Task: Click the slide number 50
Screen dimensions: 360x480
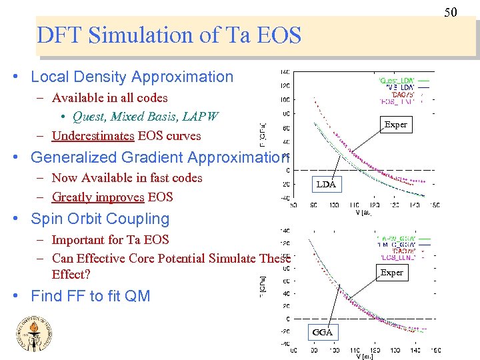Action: [451, 12]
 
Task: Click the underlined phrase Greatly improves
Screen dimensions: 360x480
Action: [98, 197]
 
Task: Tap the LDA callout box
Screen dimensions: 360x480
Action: [326, 184]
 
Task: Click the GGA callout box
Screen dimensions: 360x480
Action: [323, 332]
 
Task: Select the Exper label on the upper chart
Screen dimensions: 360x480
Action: [395, 124]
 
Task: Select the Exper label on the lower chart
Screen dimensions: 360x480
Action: [391, 272]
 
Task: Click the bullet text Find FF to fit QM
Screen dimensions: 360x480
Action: [91, 296]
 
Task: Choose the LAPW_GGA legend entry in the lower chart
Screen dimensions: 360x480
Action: [398, 238]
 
